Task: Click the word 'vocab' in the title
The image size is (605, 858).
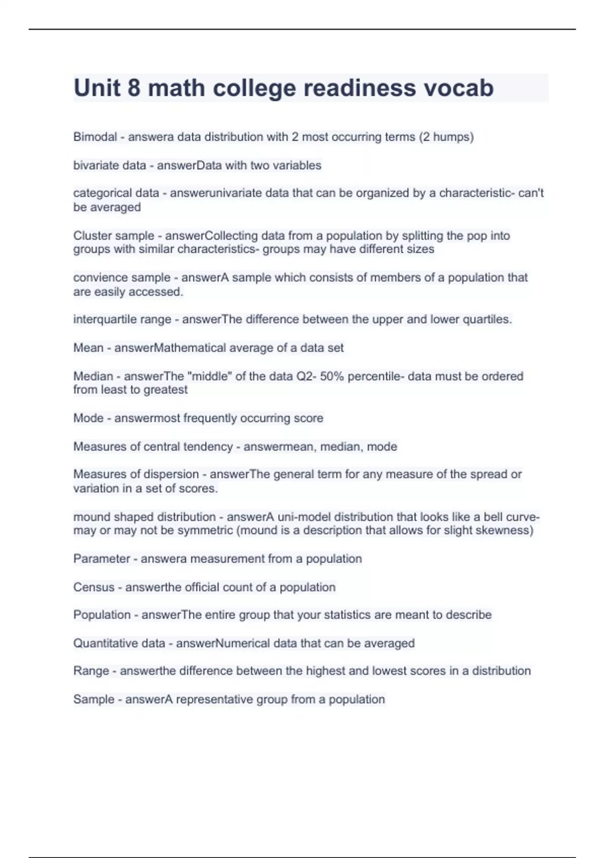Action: click(x=458, y=88)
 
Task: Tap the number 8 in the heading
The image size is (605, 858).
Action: click(x=134, y=88)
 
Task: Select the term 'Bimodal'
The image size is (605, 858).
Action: click(x=95, y=137)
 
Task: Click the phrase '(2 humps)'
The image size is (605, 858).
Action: click(x=446, y=137)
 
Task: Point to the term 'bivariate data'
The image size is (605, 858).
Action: click(x=109, y=166)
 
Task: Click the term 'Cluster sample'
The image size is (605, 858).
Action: click(x=113, y=236)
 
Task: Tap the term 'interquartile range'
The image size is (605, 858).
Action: click(x=122, y=319)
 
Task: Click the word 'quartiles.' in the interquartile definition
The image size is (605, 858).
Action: click(x=486, y=319)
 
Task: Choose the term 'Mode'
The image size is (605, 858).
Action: click(x=88, y=418)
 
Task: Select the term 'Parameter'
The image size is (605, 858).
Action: click(x=102, y=559)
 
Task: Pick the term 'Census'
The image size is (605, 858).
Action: click(x=94, y=587)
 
